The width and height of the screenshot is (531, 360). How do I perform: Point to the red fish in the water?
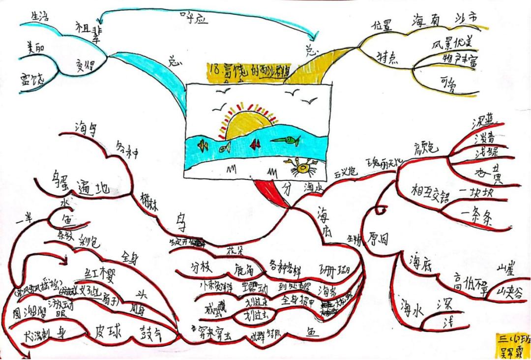(x=255, y=144)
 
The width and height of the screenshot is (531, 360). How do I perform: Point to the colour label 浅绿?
(x=486, y=153)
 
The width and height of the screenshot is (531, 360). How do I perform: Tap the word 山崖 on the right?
(x=507, y=269)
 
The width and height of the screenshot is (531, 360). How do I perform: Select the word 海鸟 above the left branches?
(x=85, y=128)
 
